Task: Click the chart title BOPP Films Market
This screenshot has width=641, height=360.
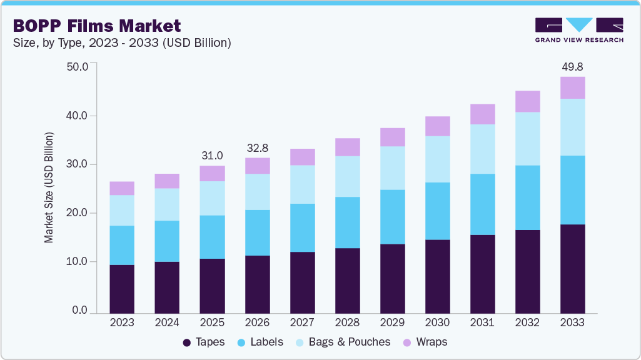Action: pyautogui.click(x=96, y=26)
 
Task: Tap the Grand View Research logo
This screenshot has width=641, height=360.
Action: pyautogui.click(x=578, y=29)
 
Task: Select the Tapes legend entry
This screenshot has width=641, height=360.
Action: pyautogui.click(x=204, y=342)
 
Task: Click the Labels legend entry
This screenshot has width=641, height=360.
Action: pyautogui.click(x=260, y=342)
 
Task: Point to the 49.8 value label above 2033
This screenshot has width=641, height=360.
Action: pyautogui.click(x=572, y=67)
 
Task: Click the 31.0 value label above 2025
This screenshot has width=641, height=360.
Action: pyautogui.click(x=212, y=155)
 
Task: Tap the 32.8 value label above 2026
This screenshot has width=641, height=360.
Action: pyautogui.click(x=257, y=147)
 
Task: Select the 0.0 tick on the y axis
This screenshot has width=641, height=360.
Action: pyautogui.click(x=80, y=311)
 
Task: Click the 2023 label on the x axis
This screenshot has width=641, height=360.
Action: pyautogui.click(x=122, y=322)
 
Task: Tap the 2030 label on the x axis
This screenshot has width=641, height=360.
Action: pyautogui.click(x=437, y=322)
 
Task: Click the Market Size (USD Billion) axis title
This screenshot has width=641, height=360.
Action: pyautogui.click(x=49, y=187)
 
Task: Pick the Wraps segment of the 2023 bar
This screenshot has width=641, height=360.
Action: pyautogui.click(x=122, y=188)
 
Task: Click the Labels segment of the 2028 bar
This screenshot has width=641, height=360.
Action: pyautogui.click(x=347, y=222)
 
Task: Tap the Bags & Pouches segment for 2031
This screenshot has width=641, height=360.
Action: pyautogui.click(x=482, y=149)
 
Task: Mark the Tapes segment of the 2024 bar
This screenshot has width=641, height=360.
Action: pyautogui.click(x=167, y=287)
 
